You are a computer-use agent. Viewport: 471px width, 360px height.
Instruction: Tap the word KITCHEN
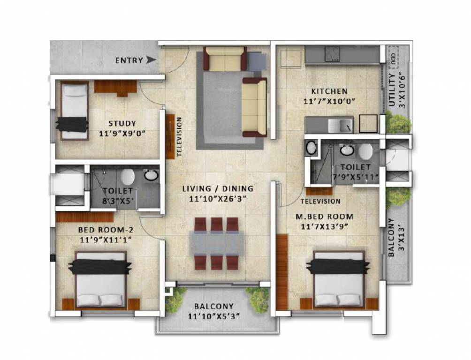pyautogui.click(x=328, y=91)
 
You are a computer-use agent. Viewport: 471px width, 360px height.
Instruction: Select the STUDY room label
pyautogui.click(x=122, y=124)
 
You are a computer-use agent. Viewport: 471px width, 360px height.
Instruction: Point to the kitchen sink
pyautogui.click(x=340, y=126)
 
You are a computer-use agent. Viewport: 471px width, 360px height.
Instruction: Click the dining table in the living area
pyautogui.click(x=216, y=244)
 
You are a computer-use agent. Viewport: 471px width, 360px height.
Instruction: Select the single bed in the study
pyautogui.click(x=74, y=111)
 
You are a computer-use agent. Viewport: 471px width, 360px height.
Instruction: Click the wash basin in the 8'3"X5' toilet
pyautogui.click(x=151, y=176)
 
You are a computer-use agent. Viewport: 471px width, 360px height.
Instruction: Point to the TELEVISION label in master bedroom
pyautogui.click(x=320, y=201)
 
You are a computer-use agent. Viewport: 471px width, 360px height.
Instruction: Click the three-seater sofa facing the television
pyautogui.click(x=253, y=107)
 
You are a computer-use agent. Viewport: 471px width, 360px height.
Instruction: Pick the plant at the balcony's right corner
pyautogui.click(x=259, y=299)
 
